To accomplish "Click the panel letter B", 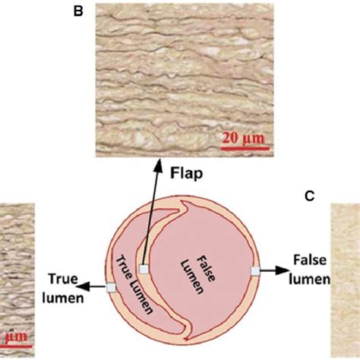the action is click(78, 11).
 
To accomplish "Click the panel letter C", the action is click(310, 196).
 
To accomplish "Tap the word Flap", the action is click(186, 173).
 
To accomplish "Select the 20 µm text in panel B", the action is click(243, 138).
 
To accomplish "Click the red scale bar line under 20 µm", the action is click(245, 148).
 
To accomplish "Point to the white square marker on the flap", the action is click(144, 270).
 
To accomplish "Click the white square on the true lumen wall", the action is click(111, 288).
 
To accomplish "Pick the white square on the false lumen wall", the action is click(255, 271).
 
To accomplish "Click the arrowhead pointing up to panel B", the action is click(159, 164).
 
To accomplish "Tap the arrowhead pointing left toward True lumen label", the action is click(81, 286).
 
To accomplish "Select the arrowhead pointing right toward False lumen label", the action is click(282, 270).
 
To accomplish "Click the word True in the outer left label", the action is click(63, 279).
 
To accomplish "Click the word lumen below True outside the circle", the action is click(63, 298).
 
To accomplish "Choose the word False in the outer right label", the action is click(310, 260).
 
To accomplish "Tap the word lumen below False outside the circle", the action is click(309, 279).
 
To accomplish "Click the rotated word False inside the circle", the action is click(207, 268).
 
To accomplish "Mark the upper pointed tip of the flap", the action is click(183, 201).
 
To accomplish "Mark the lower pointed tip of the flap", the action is click(186, 338).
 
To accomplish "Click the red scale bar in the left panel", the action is click(16, 346).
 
